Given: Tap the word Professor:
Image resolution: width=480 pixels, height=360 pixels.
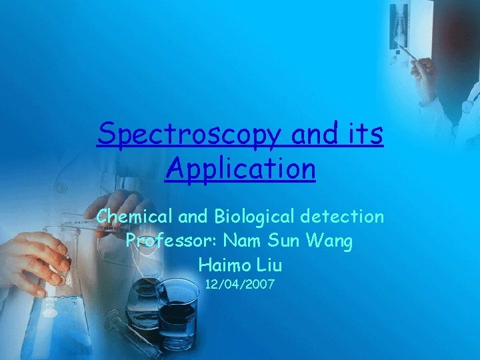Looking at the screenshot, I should tap(171, 241).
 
